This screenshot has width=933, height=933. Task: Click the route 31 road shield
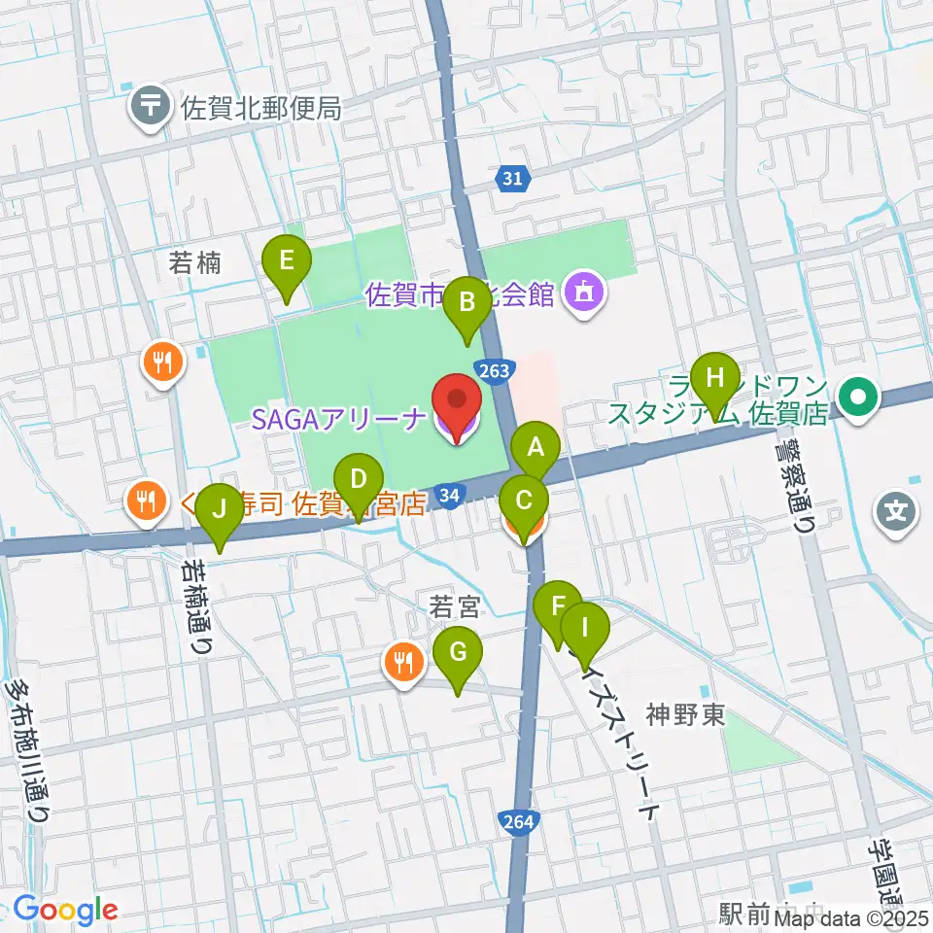(514, 178)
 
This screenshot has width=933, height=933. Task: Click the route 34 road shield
(449, 496)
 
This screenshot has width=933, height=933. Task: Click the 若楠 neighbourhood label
(195, 262)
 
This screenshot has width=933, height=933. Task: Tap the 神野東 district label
(686, 716)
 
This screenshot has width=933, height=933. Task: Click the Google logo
(65, 911)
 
